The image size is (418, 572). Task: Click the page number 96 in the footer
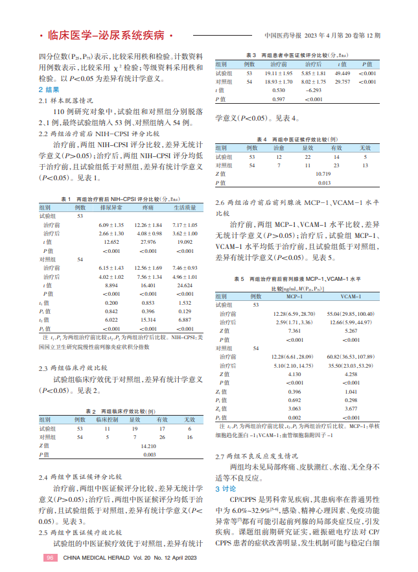coord(51,558)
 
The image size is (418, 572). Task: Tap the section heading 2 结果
coord(49,90)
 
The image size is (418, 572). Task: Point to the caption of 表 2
coord(119,412)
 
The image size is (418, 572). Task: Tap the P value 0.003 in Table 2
coord(149,455)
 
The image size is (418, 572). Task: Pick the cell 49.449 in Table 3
coord(342,73)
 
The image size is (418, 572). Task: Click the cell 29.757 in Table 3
coord(342,82)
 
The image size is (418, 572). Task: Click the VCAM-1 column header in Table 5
coord(351,296)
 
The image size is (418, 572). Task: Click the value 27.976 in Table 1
coord(143,241)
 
